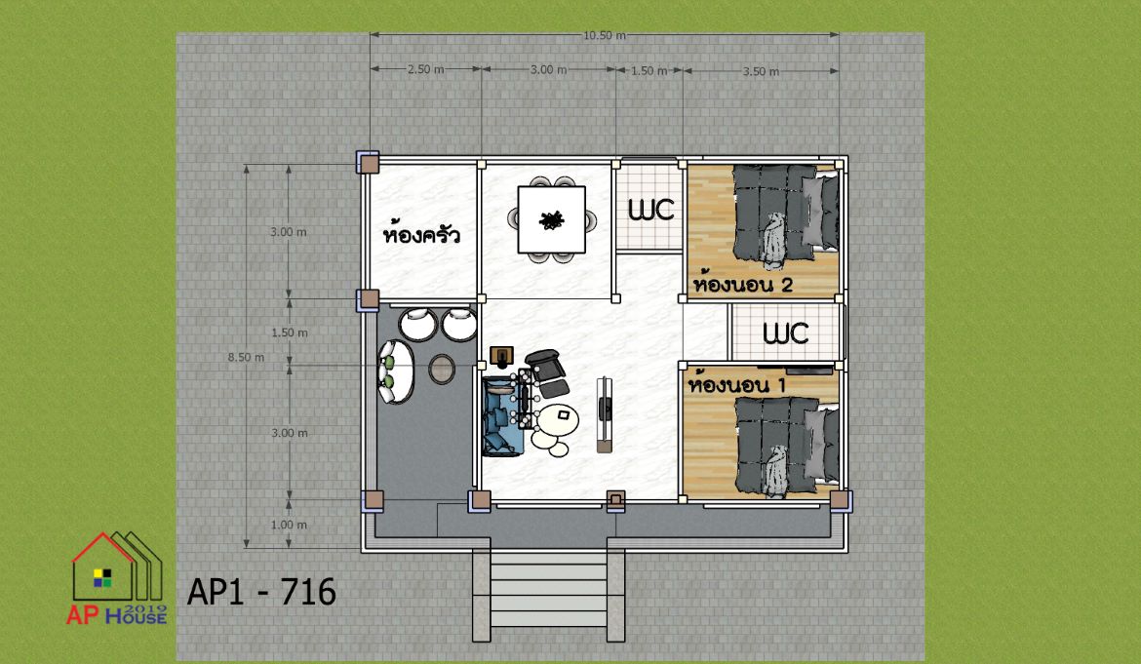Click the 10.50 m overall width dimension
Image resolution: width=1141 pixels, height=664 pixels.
[604, 35]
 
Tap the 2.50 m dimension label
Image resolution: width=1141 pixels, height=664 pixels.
[426, 70]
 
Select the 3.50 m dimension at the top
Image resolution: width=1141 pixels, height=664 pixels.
[761, 71]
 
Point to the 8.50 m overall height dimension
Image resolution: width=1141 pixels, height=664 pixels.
[246, 357]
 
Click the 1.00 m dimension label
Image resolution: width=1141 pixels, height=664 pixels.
[289, 525]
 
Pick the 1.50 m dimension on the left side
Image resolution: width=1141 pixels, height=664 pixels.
[289, 332]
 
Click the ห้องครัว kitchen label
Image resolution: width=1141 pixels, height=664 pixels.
[421, 233]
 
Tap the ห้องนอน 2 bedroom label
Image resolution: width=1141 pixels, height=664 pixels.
[742, 283]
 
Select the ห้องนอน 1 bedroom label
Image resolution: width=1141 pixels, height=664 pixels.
[736, 383]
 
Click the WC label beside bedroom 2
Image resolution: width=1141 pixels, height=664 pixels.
[650, 210]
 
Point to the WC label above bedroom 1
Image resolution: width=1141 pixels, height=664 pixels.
[785, 333]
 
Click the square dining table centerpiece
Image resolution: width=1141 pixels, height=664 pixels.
[552, 219]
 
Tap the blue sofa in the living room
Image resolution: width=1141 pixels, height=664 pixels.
[501, 415]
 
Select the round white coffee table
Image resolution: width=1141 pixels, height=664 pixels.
[558, 418]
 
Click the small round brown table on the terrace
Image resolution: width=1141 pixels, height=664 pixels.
[442, 369]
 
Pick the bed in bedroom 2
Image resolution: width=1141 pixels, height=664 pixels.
[785, 214]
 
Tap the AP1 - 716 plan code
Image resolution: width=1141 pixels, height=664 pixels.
[261, 592]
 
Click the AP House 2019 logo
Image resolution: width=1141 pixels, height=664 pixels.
[117, 578]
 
